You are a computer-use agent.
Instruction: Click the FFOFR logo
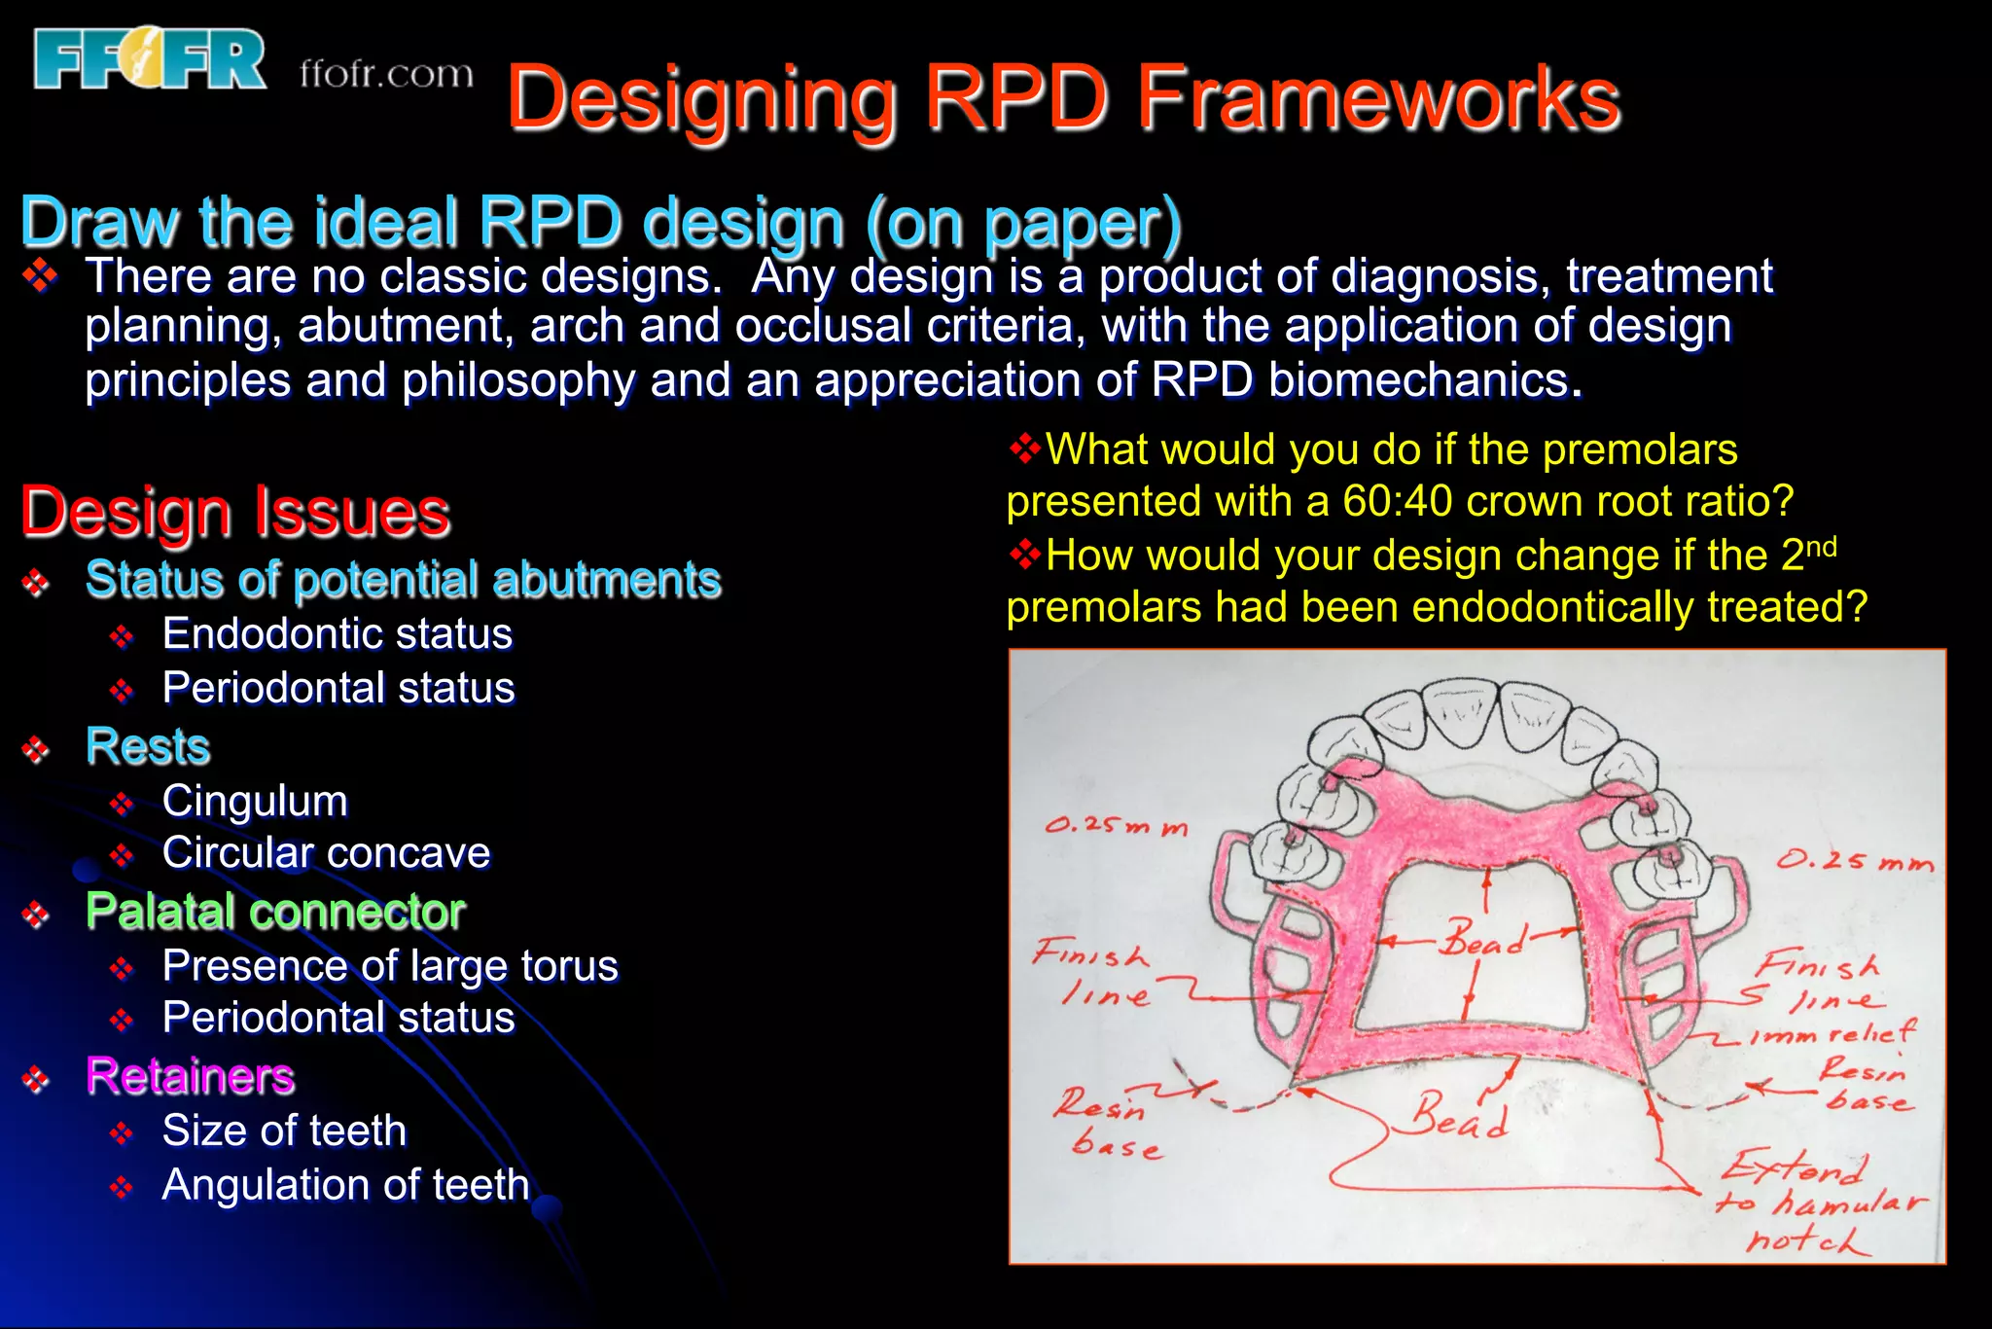[x=149, y=60]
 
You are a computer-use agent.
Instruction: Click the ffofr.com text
[x=386, y=74]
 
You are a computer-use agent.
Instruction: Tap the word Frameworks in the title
[x=1378, y=98]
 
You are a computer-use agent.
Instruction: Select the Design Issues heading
[x=235, y=513]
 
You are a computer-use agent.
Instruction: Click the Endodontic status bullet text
[x=337, y=634]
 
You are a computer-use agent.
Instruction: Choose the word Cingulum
[x=255, y=802]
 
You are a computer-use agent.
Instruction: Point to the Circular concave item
[x=326, y=853]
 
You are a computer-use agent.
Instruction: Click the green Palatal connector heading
[x=275, y=912]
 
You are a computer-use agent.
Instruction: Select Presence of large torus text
[x=390, y=966]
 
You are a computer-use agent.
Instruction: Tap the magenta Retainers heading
[x=191, y=1077]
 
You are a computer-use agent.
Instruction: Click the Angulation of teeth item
[x=345, y=1185]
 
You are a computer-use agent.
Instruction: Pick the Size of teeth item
[x=284, y=1131]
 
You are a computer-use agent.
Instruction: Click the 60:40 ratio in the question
[x=1398, y=502]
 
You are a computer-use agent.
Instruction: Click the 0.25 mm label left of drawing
[x=1117, y=826]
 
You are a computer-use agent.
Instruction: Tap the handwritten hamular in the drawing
[x=1848, y=1203]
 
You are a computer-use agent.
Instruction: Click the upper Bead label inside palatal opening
[x=1484, y=939]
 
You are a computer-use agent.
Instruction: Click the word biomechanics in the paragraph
[x=1366, y=380]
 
